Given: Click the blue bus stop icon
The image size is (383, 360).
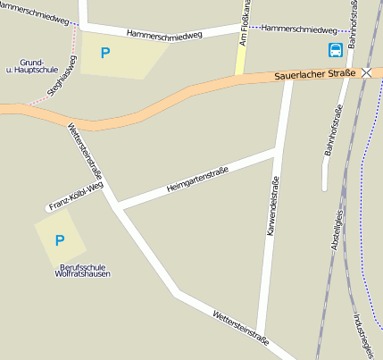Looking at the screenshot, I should point(336,50).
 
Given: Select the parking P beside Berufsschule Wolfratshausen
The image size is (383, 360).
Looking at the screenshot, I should point(60,240).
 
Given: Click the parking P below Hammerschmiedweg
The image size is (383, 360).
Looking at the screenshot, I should point(105,54).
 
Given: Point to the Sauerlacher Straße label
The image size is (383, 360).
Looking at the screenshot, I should point(315,75).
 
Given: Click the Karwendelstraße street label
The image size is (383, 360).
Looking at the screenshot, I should point(271,205).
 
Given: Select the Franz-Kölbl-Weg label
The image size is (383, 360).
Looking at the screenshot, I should point(76,196).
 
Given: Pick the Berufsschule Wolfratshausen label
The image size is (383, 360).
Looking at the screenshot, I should point(83,270).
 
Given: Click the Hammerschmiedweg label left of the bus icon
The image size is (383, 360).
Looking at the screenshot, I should point(299,29).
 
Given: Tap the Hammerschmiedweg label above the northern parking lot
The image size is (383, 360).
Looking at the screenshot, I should point(164,34).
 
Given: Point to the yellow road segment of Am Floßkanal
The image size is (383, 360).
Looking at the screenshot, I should point(239,61).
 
